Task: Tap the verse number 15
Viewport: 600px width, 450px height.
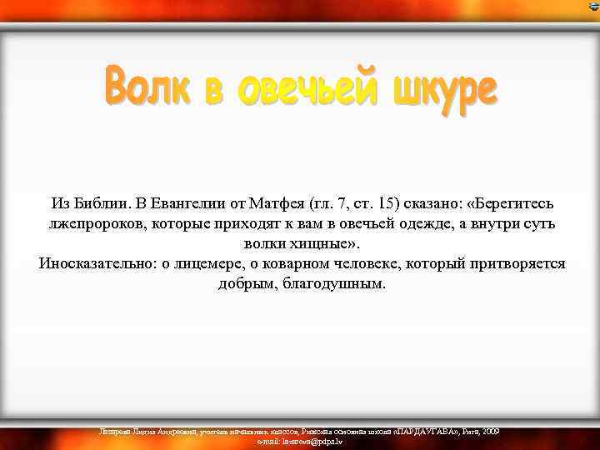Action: click(x=387, y=203)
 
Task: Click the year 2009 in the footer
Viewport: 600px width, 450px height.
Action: click(x=490, y=431)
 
